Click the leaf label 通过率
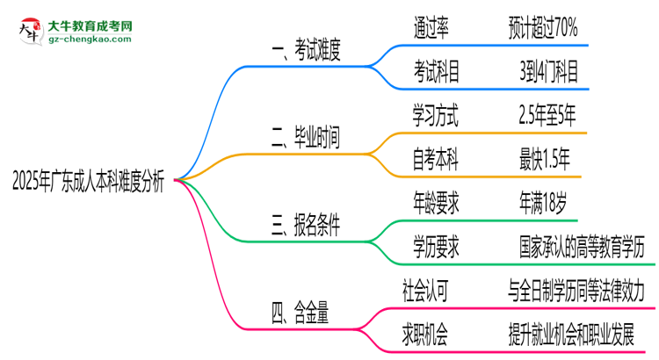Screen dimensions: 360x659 pyautogui.click(x=431, y=28)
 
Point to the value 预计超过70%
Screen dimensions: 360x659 pyautogui.click(x=543, y=28)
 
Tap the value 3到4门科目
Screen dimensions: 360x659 pyautogui.click(x=548, y=71)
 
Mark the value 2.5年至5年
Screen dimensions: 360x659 pyautogui.click(x=548, y=114)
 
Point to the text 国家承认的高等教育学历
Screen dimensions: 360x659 pyautogui.click(x=582, y=248)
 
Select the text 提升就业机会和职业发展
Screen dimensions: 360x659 pyautogui.click(x=582, y=333)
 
